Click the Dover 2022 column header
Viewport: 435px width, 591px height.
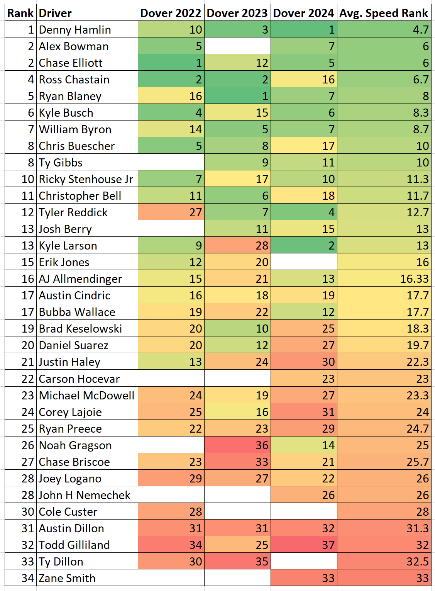[x=171, y=13]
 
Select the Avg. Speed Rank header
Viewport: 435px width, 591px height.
[x=384, y=13]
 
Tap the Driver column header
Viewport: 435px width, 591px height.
[x=56, y=13]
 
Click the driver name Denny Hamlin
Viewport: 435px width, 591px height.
[x=75, y=30]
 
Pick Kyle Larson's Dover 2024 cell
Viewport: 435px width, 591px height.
[x=304, y=246]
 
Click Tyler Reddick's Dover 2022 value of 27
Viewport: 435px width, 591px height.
[x=171, y=212]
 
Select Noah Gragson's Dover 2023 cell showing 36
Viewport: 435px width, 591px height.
[x=237, y=445]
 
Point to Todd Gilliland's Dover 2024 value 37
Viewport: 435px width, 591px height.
[x=304, y=545]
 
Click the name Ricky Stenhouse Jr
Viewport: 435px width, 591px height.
[x=86, y=179]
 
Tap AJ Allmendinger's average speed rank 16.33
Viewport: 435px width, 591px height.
[x=384, y=279]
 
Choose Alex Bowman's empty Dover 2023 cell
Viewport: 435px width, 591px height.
[x=237, y=46]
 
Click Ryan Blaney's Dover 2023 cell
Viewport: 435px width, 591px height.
[x=237, y=96]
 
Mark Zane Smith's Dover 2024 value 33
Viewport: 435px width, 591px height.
[x=304, y=578]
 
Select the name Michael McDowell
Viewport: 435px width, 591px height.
[x=87, y=396]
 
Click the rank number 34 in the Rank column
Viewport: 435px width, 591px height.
[x=28, y=578]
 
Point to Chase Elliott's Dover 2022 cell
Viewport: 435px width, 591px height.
[x=171, y=63]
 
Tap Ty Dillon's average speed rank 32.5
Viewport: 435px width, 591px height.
[x=384, y=562]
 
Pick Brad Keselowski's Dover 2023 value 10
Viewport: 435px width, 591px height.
[x=237, y=329]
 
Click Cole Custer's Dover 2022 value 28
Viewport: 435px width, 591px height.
[x=171, y=512]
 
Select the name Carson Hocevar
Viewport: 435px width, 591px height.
[x=80, y=379]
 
